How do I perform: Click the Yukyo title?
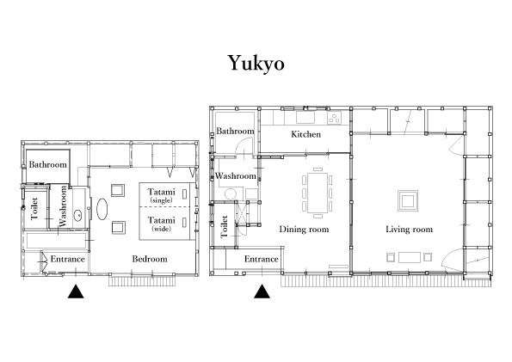(x=256, y=63)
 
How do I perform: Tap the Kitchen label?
(x=305, y=134)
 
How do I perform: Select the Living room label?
(x=409, y=229)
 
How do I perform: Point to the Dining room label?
(x=304, y=229)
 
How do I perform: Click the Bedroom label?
(x=150, y=259)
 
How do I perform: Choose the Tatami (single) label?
(x=161, y=195)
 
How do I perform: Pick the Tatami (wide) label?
(x=161, y=224)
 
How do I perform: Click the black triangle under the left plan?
(x=76, y=291)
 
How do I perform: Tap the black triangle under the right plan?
(x=262, y=291)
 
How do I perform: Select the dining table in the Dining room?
(x=318, y=193)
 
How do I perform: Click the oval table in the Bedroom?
(x=102, y=209)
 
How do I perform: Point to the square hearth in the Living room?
(x=408, y=200)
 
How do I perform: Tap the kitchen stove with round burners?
(x=335, y=118)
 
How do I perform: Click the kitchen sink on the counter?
(x=305, y=117)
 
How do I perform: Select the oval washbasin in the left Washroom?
(x=78, y=216)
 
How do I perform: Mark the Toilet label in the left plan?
(x=34, y=208)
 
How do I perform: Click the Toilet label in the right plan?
(x=225, y=226)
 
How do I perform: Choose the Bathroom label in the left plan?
(x=47, y=164)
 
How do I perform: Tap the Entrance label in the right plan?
(x=262, y=259)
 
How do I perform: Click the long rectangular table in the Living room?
(x=410, y=257)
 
